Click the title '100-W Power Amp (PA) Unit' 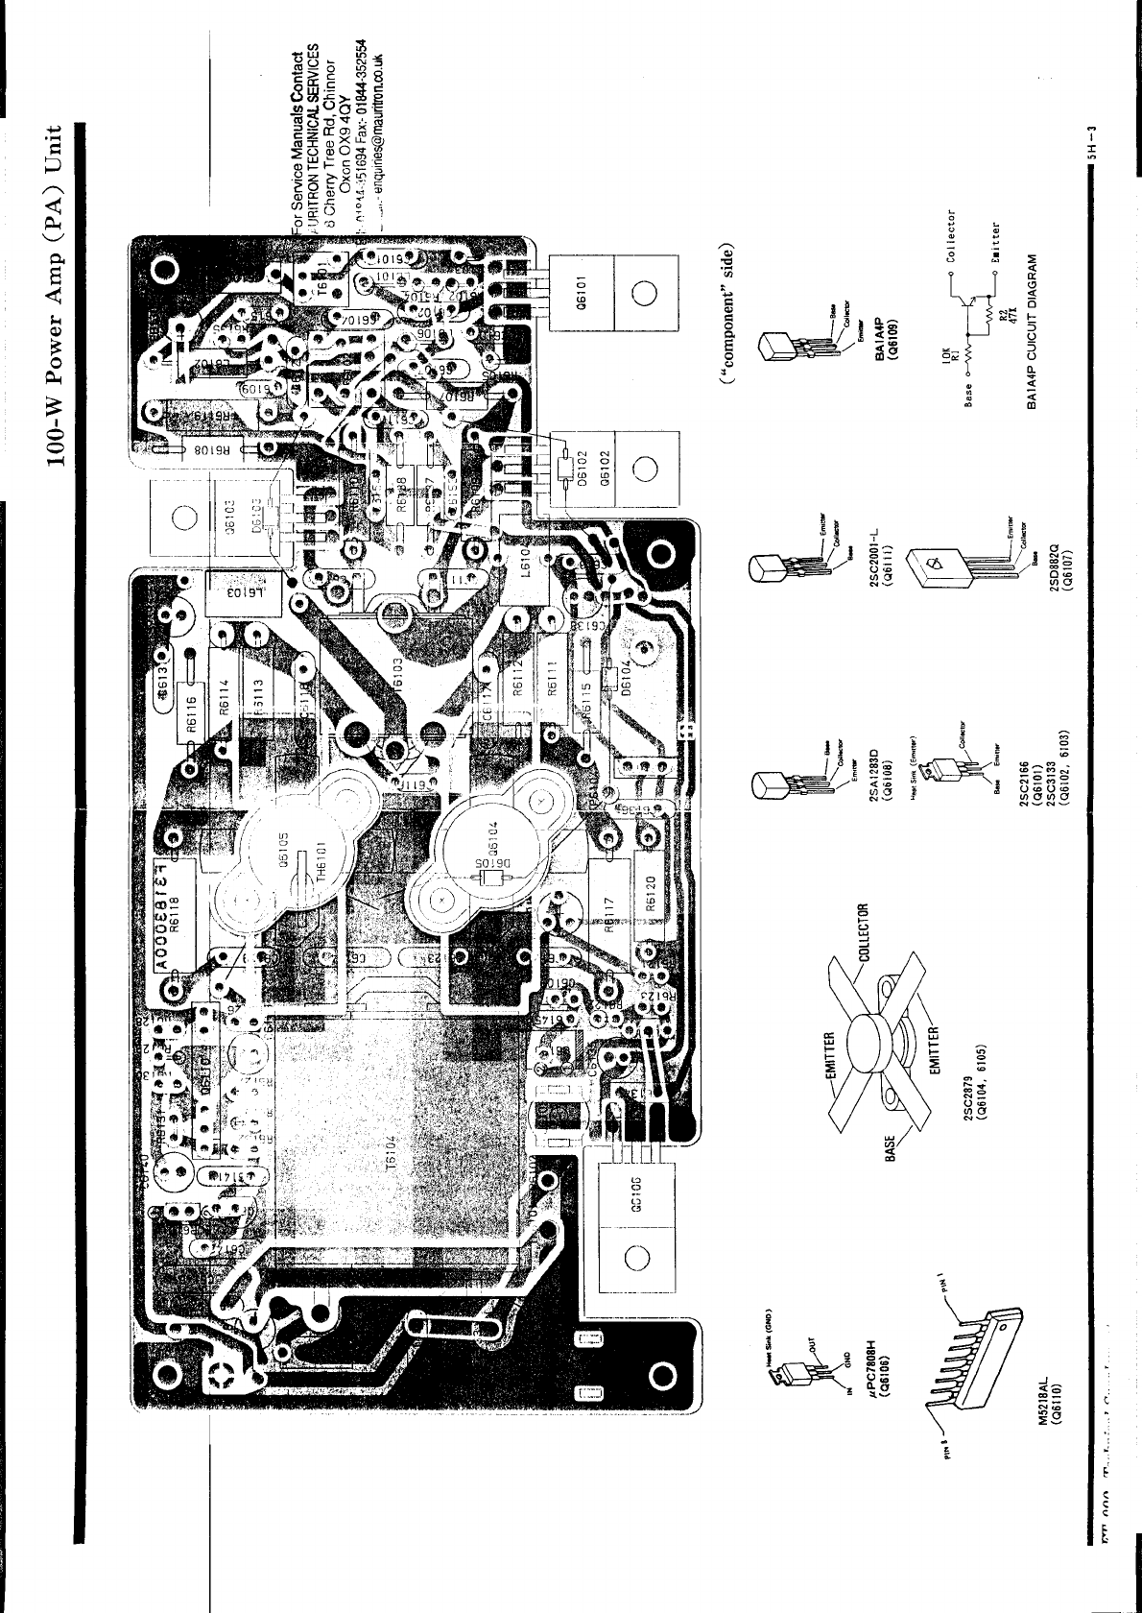[62, 299]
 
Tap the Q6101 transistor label [593, 285]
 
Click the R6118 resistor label [175, 922]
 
